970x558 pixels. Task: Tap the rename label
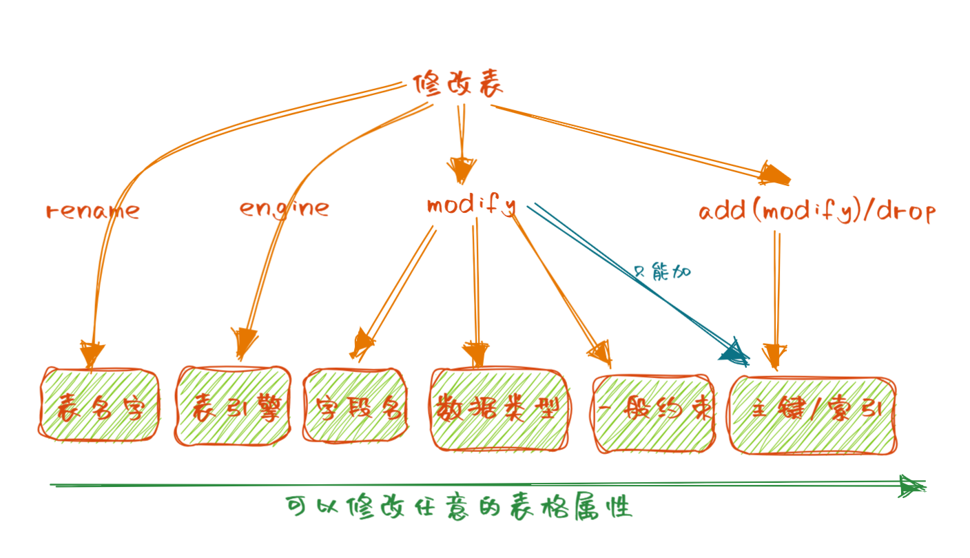[92, 210]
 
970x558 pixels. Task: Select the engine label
[284, 207]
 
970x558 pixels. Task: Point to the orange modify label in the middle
[471, 205]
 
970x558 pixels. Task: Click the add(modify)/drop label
[817, 211]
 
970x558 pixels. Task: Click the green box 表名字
[99, 407]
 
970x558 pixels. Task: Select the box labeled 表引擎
[233, 406]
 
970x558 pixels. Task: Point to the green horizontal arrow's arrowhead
[912, 486]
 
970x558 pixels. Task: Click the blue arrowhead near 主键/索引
[734, 353]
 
